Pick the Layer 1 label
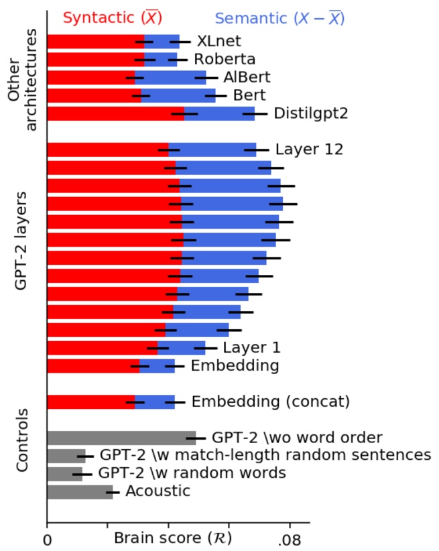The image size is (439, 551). tap(251, 347)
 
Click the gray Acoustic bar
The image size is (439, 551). tap(79, 492)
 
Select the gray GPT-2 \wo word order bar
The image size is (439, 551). tap(121, 438)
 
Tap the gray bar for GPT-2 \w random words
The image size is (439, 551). tap(64, 474)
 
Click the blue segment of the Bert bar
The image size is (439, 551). tap(178, 95)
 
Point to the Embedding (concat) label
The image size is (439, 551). tap(271, 402)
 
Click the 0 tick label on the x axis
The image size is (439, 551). tap(47, 539)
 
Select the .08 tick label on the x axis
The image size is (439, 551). tap(289, 539)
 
